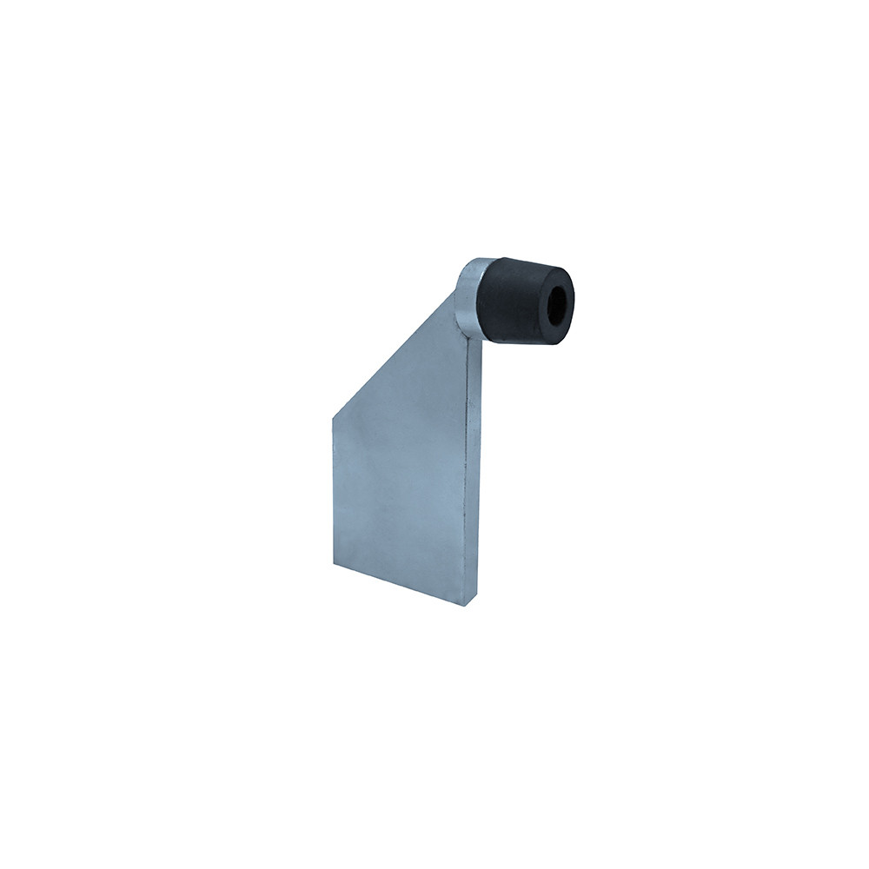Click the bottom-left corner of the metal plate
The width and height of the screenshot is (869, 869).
[x=334, y=564]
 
